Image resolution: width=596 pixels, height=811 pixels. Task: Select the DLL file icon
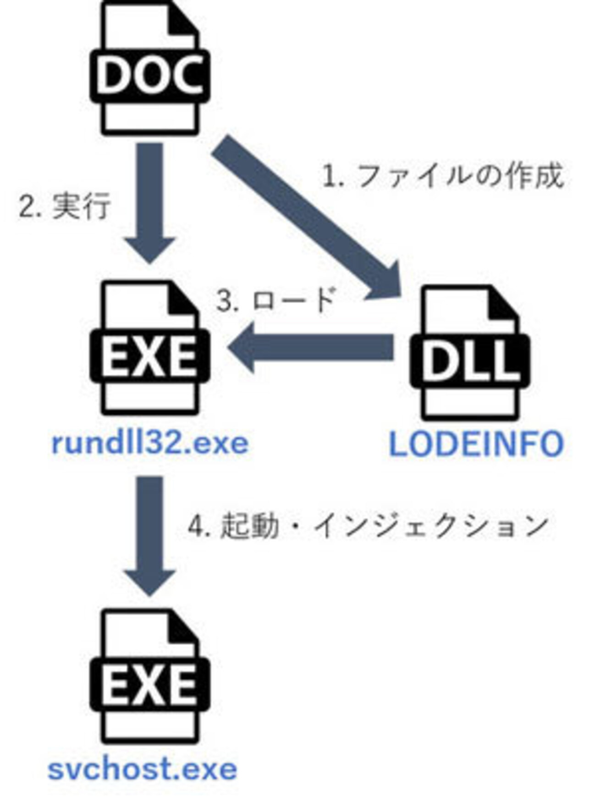point(470,353)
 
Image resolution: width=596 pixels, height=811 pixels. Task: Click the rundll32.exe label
point(150,444)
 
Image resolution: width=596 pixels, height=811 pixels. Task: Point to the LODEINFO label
point(476,444)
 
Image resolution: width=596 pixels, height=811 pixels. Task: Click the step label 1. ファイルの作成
point(443,177)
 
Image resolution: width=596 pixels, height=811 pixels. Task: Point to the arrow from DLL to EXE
point(312,347)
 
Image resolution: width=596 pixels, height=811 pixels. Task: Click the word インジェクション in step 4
point(431,525)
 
